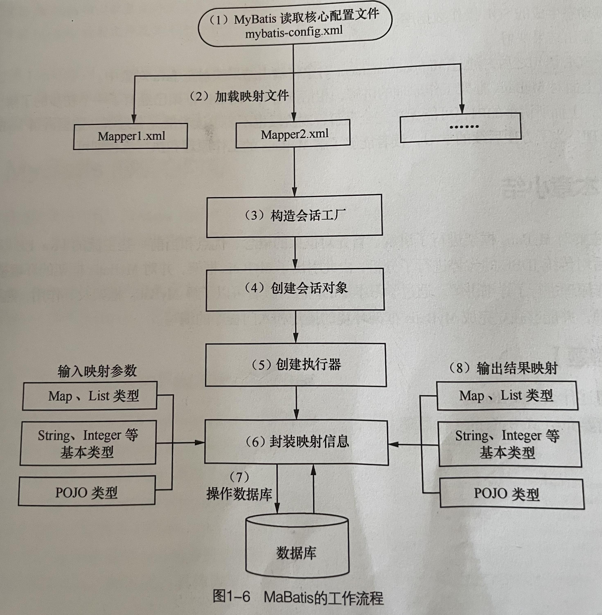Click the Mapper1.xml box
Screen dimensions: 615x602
click(x=130, y=136)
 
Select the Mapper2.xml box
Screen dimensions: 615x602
click(x=293, y=134)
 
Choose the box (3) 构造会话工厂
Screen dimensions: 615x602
click(x=294, y=216)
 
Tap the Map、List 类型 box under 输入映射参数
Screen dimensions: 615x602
click(x=90, y=396)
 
